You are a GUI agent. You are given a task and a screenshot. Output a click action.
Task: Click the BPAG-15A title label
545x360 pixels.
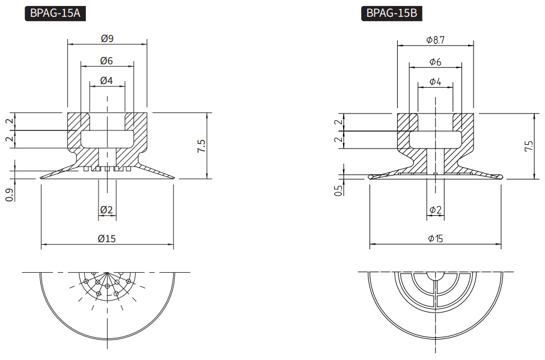click(55, 13)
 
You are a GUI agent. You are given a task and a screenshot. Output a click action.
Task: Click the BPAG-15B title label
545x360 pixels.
click(391, 13)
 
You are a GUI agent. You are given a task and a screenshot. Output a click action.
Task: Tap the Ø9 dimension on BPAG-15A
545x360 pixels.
click(108, 38)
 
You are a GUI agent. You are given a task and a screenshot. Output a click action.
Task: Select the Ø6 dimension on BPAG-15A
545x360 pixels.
click(107, 61)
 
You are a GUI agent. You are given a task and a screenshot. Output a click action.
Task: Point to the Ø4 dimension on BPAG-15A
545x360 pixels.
click(107, 81)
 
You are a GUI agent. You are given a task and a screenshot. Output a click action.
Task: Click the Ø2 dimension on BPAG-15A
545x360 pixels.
click(107, 210)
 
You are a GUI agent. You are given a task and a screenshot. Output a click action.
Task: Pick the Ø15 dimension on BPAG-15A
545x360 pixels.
click(107, 239)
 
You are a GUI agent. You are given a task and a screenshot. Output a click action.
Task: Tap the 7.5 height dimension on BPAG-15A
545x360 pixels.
click(201, 146)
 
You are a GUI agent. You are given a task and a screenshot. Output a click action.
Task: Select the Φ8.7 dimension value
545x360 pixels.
click(435, 40)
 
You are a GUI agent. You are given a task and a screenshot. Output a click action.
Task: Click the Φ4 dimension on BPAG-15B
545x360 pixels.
click(435, 82)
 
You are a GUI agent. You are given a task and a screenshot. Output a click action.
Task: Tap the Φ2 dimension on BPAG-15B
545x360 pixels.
click(436, 210)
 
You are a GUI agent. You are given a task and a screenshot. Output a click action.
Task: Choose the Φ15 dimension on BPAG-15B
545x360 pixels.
click(436, 239)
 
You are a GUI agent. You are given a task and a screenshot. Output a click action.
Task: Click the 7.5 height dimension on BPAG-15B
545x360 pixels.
click(529, 146)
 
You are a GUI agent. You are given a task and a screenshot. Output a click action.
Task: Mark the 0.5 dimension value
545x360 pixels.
click(339, 191)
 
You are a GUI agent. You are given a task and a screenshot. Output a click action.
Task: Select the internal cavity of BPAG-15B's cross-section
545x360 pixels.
click(435, 140)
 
